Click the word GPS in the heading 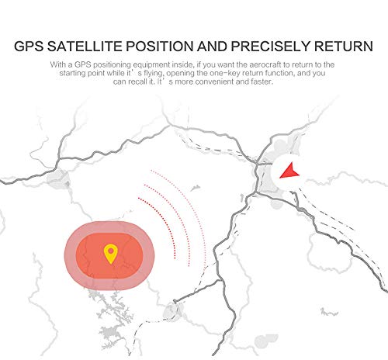click(29, 47)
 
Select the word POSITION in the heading click(160, 47)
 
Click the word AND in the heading click(212, 47)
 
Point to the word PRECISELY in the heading click(270, 47)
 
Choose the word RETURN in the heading click(344, 47)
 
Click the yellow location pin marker click(111, 254)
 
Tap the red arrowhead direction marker click(289, 171)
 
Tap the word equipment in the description click(152, 64)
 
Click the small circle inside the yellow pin click(111, 251)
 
